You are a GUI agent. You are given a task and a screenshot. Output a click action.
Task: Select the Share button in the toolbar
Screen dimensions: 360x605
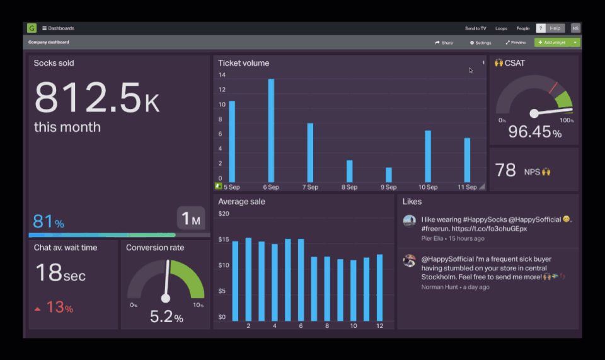point(444,43)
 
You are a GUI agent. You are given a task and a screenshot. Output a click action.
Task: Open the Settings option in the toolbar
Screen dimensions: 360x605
point(480,43)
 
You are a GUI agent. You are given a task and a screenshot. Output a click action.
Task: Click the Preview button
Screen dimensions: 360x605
point(516,43)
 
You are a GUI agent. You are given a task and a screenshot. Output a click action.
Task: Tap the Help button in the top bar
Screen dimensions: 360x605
point(555,28)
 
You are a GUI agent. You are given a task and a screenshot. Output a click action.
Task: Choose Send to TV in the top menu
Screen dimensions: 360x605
point(475,28)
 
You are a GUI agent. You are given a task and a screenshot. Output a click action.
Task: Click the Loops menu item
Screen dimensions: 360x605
point(501,28)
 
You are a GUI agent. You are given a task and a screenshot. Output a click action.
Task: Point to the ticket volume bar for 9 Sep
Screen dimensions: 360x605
point(389,175)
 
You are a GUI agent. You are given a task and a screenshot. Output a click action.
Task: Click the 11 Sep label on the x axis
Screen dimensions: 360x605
point(467,187)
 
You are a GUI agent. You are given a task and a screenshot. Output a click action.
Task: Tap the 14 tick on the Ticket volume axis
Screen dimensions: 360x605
point(222,75)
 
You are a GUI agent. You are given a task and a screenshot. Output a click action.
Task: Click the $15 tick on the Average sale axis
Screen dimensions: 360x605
point(223,240)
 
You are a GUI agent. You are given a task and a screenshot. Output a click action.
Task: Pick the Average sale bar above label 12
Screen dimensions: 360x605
point(379,287)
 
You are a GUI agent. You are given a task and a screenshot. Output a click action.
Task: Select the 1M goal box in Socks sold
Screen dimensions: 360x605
point(191,219)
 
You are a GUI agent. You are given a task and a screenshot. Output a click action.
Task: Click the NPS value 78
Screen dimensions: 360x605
point(505,170)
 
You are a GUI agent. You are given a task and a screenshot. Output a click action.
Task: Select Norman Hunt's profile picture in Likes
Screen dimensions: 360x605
point(410,260)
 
